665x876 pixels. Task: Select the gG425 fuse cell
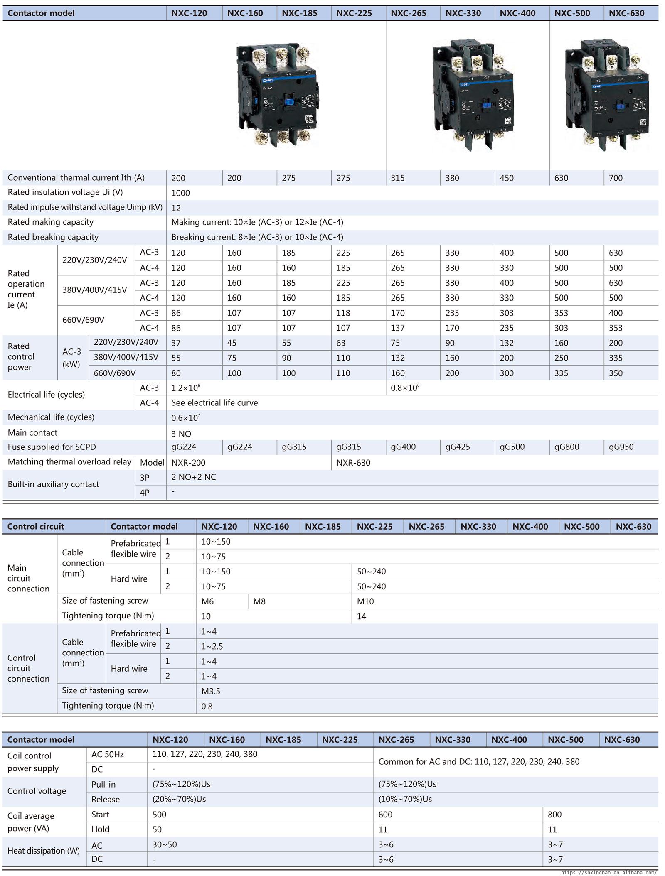458,447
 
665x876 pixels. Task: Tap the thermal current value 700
616,178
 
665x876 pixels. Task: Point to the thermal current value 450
507,178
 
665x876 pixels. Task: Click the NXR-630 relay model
353,463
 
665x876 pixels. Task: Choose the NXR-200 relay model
188,463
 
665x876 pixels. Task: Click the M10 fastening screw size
365,601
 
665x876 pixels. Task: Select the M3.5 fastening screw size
211,691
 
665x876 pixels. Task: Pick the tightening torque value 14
362,616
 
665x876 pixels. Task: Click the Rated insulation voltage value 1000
180,193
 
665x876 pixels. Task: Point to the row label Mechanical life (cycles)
51,417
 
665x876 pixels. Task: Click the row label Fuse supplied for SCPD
52,447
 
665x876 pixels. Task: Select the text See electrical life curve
214,403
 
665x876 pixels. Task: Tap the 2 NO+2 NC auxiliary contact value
194,477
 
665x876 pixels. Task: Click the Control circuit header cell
36,527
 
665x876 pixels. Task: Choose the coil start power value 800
554,815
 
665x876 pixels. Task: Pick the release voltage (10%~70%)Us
405,799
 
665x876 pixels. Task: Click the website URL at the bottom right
609,873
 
